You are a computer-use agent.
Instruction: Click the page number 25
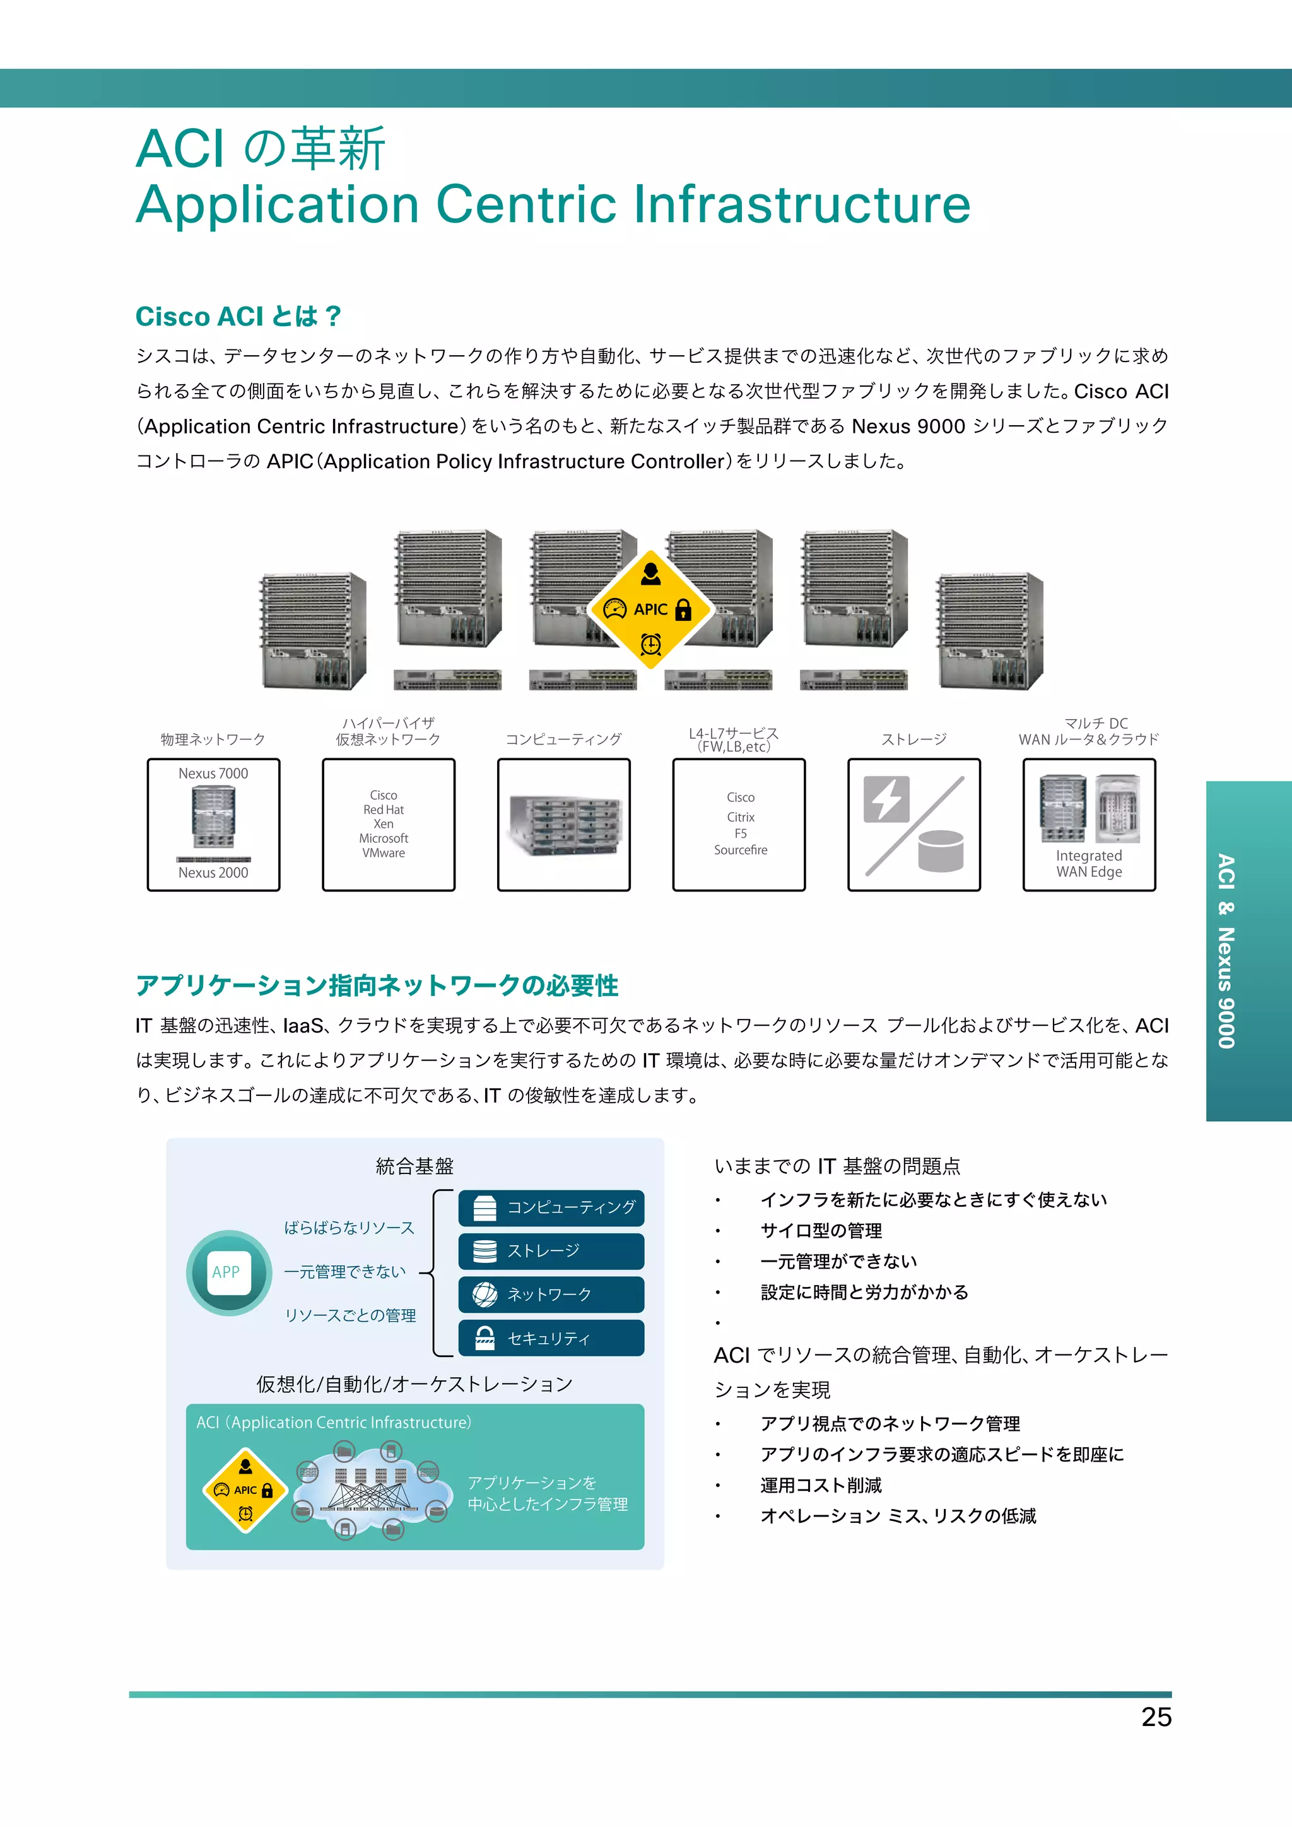click(1155, 1717)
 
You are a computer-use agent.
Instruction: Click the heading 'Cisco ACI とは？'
click(238, 316)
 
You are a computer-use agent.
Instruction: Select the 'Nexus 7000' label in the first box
click(213, 773)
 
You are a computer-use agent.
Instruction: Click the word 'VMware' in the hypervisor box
click(384, 853)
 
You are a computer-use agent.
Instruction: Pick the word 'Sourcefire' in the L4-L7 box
click(740, 850)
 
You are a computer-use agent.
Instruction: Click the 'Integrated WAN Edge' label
click(1088, 864)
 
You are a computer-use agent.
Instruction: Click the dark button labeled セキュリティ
click(551, 1339)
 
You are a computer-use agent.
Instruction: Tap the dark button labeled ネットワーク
click(551, 1295)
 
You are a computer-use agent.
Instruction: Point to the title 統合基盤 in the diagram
click(414, 1166)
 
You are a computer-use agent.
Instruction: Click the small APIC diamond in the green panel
click(245, 1490)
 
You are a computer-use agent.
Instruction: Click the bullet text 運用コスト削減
click(820, 1485)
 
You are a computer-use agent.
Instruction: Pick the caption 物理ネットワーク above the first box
click(213, 739)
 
